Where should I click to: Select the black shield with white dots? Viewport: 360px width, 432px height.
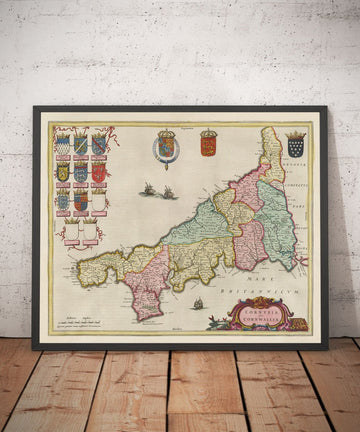pos(295,147)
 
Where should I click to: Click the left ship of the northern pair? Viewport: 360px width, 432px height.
pos(150,189)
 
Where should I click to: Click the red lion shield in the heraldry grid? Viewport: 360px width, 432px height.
pos(98,173)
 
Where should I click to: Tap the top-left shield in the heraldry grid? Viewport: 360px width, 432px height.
pos(63,146)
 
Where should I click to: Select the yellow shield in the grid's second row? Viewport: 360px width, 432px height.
pos(63,173)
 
